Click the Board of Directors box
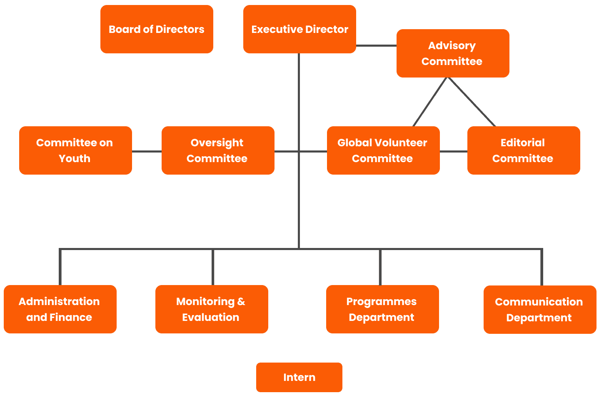click(157, 29)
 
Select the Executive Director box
click(299, 29)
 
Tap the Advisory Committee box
click(452, 53)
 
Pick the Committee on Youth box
click(75, 150)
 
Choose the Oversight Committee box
click(217, 150)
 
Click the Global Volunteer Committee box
click(383, 150)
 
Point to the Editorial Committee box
click(523, 150)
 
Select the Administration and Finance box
click(60, 309)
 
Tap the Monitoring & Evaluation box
click(211, 309)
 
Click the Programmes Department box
click(382, 309)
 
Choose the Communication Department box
click(539, 310)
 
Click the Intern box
click(299, 377)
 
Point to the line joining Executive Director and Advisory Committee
click(376, 45)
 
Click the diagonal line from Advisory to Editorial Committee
click(472, 102)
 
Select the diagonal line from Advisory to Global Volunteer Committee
click(430, 102)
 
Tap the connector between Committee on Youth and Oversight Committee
click(147, 151)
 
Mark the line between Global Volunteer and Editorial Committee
click(453, 151)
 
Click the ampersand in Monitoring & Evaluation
click(241, 301)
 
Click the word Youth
click(75, 159)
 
